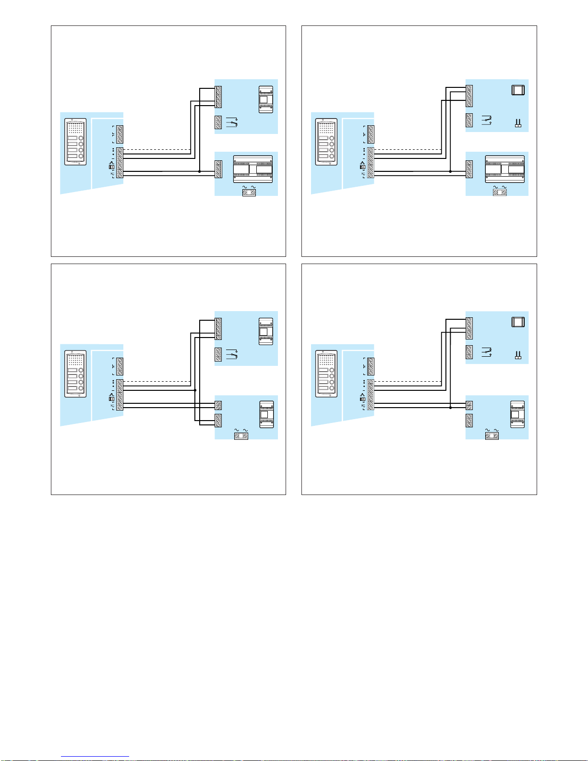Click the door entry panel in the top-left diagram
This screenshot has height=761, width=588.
(76, 142)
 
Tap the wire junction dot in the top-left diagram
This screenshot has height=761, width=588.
(199, 171)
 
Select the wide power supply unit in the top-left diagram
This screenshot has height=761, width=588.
(252, 169)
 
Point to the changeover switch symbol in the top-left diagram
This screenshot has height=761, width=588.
(232, 122)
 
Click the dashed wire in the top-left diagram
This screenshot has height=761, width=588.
(156, 149)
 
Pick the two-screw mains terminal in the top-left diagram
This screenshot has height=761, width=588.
(249, 192)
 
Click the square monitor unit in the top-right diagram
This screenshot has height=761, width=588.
(518, 90)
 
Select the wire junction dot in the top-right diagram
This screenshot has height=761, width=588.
(450, 171)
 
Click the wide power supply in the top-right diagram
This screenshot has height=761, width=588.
(504, 169)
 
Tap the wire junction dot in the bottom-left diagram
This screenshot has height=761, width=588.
(195, 390)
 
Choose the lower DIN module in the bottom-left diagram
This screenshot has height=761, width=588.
(266, 414)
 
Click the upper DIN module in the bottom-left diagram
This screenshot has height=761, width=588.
(266, 331)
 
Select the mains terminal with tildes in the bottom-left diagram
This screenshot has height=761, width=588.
(241, 435)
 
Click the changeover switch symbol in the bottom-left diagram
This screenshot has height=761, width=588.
(232, 354)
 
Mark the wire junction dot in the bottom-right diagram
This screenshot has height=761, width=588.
(450, 408)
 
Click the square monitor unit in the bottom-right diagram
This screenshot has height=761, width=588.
(518, 322)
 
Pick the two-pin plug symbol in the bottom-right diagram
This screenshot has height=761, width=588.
(518, 355)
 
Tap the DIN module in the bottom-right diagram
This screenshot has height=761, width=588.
(517, 414)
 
